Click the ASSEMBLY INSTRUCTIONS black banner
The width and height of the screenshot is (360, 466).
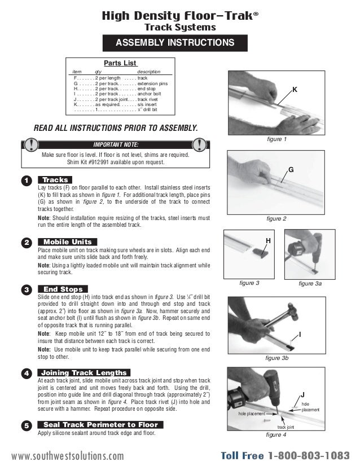(x=174, y=43)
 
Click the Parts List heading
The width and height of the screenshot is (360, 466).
(x=120, y=63)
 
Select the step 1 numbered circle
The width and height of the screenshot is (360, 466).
(x=26, y=181)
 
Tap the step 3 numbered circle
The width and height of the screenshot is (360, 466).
(x=26, y=289)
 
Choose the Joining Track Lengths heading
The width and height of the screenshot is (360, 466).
(x=84, y=373)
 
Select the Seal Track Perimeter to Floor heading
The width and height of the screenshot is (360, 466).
(x=100, y=424)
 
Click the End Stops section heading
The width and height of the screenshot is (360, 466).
(x=63, y=289)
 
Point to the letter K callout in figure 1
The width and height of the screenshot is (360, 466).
(x=294, y=90)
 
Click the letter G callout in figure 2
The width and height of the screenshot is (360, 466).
(x=291, y=170)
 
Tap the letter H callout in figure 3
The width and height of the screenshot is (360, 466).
(x=269, y=240)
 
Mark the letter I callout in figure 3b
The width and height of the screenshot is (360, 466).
(x=300, y=335)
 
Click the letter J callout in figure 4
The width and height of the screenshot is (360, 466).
(x=302, y=394)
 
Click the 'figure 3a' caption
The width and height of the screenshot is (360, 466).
(x=310, y=283)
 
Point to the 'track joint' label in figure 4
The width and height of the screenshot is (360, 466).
(x=286, y=428)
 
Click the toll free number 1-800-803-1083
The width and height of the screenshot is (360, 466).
(x=309, y=454)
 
